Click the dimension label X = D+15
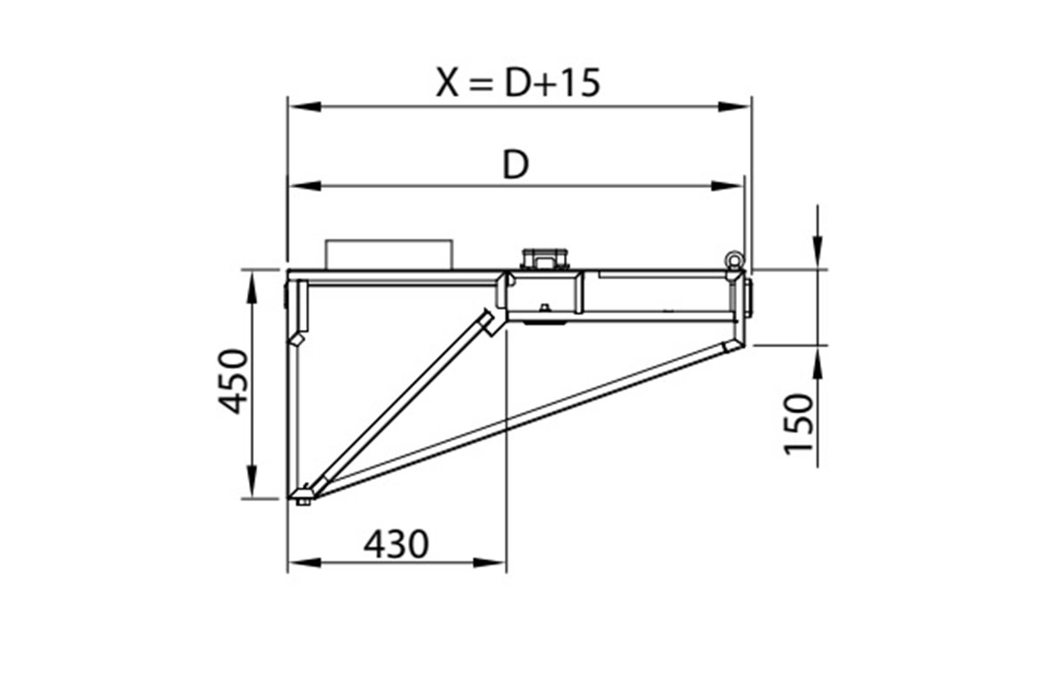pyautogui.click(x=518, y=83)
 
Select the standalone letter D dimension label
pyautogui.click(x=516, y=165)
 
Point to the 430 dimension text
pyautogui.click(x=396, y=545)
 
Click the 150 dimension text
pyautogui.click(x=799, y=423)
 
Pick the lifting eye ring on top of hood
pyautogui.click(x=733, y=258)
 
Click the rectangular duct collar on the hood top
pyautogui.click(x=389, y=254)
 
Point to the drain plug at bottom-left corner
pyautogui.click(x=303, y=497)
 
